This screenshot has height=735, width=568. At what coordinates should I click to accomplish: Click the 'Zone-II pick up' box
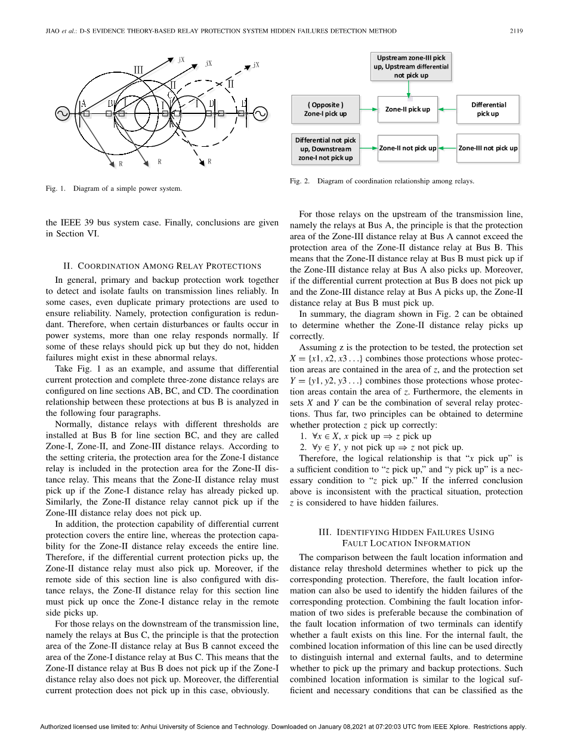pos(408,109)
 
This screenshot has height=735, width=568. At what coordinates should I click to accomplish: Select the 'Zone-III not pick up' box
pos(488,148)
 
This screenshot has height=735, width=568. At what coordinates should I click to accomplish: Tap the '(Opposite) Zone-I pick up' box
pos(325,109)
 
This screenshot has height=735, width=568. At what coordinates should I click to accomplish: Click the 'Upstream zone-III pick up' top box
pos(411,67)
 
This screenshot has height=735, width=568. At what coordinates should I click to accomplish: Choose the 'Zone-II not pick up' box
pos(408,148)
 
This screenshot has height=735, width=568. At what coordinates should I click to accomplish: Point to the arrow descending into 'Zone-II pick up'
pos(408,88)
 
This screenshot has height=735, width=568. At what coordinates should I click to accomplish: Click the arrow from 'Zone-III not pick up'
pos(447,148)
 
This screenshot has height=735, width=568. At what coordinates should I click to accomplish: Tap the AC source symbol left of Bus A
pos(61,113)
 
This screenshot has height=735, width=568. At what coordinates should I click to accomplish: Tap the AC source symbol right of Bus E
pos(261,113)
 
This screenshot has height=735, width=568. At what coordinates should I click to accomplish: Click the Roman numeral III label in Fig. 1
pos(138,70)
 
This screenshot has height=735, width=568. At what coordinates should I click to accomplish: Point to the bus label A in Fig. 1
pos(84,103)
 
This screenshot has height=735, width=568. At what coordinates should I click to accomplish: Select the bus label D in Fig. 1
pos(211,103)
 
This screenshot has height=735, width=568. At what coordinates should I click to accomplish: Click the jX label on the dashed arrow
pos(256,64)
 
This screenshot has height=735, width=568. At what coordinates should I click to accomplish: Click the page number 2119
pos(516,32)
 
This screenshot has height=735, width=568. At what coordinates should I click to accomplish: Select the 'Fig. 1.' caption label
pos(56,189)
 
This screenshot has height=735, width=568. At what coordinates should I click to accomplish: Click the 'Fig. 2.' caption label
pos(300,181)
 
